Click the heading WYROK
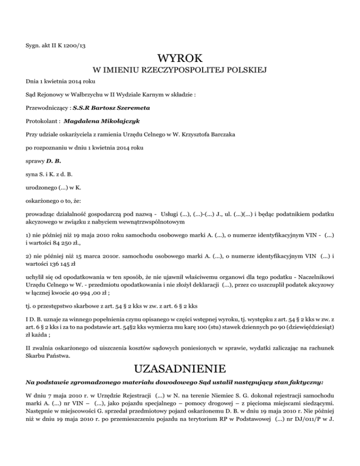(180, 59)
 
